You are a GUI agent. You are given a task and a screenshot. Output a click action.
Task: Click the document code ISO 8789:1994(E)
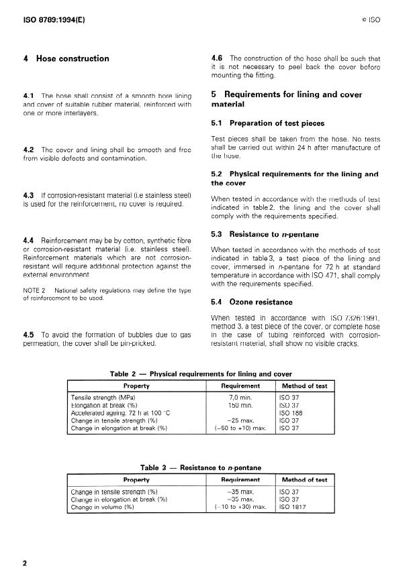(x=51, y=20)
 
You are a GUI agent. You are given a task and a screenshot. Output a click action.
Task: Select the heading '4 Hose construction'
(x=66, y=59)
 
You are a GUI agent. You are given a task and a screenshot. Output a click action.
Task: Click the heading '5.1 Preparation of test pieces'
(x=267, y=123)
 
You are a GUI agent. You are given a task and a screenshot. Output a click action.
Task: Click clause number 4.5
(x=29, y=334)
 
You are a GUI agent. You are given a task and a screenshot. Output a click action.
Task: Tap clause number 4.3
(x=29, y=195)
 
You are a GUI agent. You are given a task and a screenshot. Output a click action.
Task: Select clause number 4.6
(x=218, y=58)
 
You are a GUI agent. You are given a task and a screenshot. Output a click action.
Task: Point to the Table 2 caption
(x=201, y=374)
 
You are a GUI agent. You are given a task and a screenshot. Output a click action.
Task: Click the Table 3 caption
(x=201, y=467)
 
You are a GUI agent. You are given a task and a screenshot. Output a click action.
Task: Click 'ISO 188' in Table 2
(x=290, y=412)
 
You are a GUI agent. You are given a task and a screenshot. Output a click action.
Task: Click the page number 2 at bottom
(x=26, y=563)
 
